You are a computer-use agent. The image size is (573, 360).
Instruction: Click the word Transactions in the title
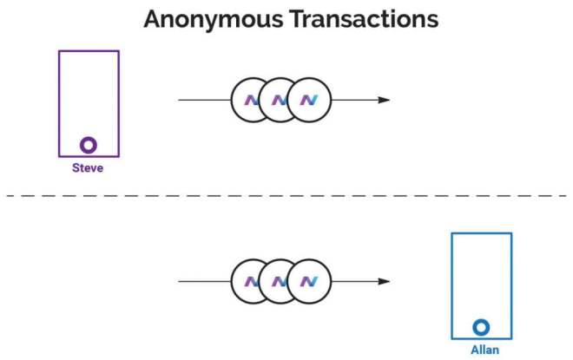pos(366,20)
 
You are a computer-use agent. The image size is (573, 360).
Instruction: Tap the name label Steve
pos(88,168)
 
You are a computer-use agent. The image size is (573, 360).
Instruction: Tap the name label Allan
pos(481,350)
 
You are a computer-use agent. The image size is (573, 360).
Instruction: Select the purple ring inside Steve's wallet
pos(89,145)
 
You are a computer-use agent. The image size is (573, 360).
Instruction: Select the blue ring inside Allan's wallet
pos(481,327)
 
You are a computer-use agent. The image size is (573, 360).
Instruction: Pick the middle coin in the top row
pos(279,100)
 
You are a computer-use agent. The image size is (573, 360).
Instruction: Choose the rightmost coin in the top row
pos(309,100)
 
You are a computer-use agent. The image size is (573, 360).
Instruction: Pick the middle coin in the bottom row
pos(279,282)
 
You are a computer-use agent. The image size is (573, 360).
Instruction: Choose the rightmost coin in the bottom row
pos(309,282)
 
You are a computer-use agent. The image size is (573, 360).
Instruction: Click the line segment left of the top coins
pos(204,100)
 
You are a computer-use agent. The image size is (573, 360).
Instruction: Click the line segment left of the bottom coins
pos(204,282)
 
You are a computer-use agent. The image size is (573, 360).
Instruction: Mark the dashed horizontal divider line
pos(286,195)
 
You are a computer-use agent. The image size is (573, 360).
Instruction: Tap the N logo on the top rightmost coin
pos(309,100)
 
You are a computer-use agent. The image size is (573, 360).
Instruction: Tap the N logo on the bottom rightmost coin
pos(309,282)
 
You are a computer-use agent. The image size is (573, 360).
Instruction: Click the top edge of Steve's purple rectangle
pos(89,51)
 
